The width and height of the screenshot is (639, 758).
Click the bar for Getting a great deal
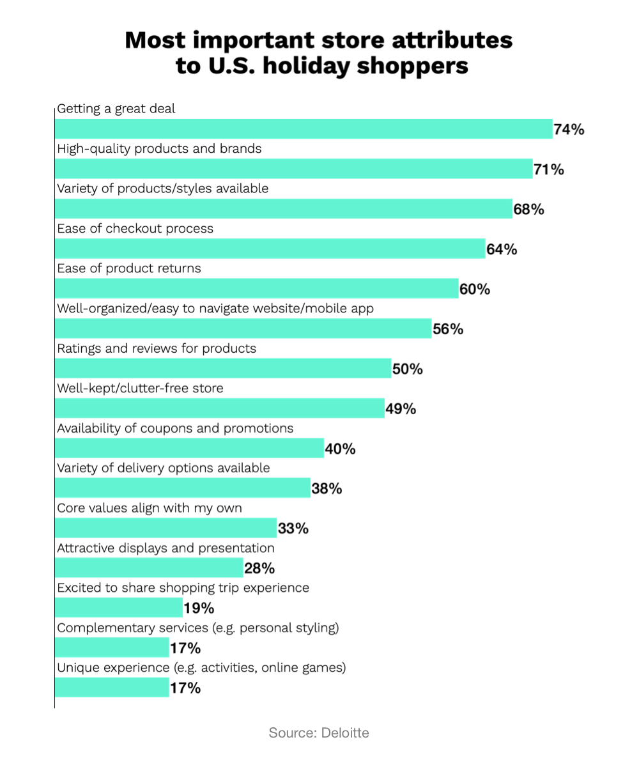click(x=304, y=128)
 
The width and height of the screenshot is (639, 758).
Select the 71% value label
click(x=549, y=169)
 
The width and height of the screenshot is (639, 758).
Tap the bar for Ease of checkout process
click(x=270, y=249)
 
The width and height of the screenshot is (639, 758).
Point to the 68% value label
click(x=528, y=210)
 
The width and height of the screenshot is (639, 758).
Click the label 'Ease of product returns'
click(x=129, y=268)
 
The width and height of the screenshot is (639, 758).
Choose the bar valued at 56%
click(x=243, y=329)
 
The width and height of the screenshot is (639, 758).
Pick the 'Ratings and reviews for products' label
click(x=157, y=348)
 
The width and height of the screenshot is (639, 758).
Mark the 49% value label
click(x=401, y=409)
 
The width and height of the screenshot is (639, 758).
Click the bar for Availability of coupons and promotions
click(x=190, y=448)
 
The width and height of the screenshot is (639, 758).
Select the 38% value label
click(x=327, y=489)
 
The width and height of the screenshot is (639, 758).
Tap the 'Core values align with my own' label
click(x=150, y=508)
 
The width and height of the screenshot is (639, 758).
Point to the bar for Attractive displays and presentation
click(x=149, y=568)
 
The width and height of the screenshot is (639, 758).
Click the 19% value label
click(x=199, y=608)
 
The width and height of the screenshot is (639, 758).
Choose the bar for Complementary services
click(x=112, y=647)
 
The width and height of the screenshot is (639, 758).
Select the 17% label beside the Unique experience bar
click(x=185, y=688)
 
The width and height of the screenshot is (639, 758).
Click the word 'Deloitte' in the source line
click(x=345, y=733)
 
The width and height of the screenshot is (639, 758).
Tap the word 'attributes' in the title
click(x=452, y=40)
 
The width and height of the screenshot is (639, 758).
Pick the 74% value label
click(x=569, y=130)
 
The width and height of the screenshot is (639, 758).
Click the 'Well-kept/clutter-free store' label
click(x=140, y=388)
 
